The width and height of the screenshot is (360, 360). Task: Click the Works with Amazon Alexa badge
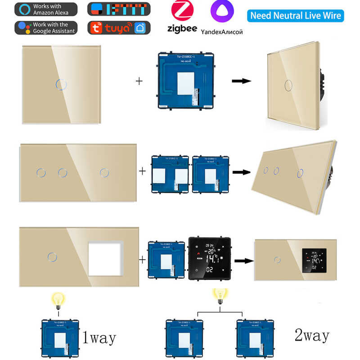46,9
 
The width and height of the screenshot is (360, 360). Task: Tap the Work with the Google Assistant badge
46,27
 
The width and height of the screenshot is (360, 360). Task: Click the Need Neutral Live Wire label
295,16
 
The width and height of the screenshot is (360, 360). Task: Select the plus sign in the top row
139,81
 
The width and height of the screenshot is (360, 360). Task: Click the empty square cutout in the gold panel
105,258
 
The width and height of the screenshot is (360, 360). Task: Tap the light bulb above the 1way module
58,299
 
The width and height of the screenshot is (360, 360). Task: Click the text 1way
99,337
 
